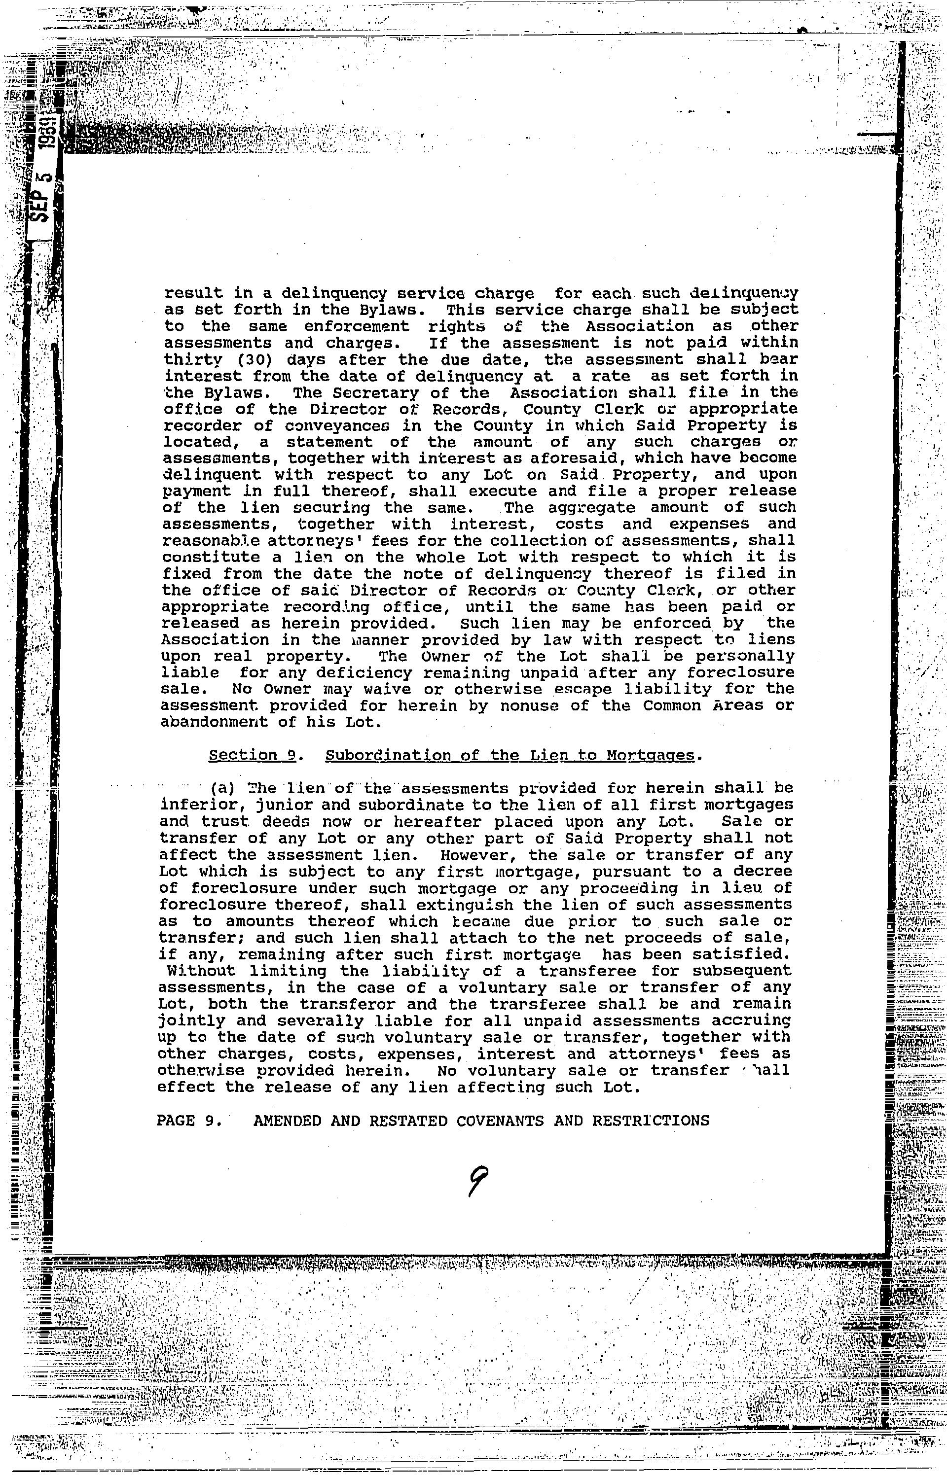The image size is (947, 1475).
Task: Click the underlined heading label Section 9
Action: pyautogui.click(x=253, y=755)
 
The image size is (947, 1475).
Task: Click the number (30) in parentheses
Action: pyautogui.click(x=237, y=359)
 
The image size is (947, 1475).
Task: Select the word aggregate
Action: pyautogui.click(x=591, y=508)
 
